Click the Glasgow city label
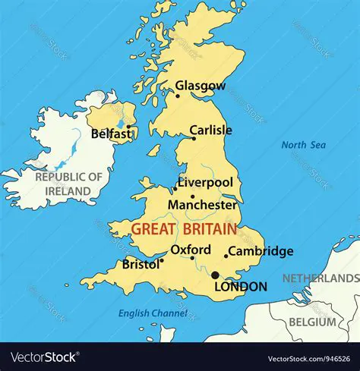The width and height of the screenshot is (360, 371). coord(201,85)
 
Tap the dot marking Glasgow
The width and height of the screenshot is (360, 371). coord(178,96)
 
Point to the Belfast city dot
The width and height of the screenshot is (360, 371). coord(128,127)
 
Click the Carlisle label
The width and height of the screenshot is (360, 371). coord(210,130)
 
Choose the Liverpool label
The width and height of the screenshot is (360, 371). coord(206,183)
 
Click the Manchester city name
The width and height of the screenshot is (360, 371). coord(202,205)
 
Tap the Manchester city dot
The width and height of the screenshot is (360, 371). coord(192,197)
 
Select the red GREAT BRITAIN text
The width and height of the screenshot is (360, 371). coord(183,228)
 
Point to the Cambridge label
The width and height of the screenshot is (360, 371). coord(261,251)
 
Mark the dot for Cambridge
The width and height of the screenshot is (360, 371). coord(226,256)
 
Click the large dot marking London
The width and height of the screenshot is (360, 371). coord(215,275)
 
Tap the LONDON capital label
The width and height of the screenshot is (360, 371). coord(241,287)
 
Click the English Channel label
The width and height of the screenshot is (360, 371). coord(152,313)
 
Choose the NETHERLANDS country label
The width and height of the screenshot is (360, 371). coord(321,279)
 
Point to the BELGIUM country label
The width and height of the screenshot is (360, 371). coord(312,323)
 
